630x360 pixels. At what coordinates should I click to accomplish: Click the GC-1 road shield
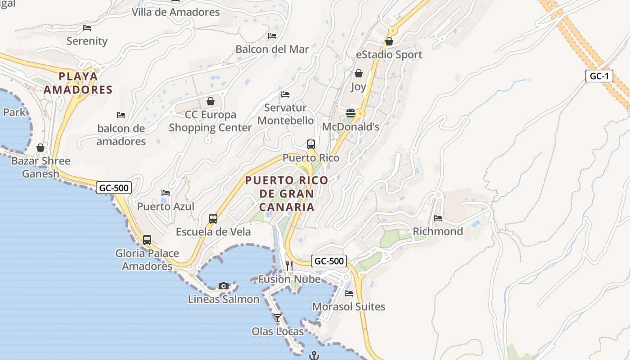click(x=599, y=76)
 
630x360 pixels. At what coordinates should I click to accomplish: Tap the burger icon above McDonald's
click(x=351, y=113)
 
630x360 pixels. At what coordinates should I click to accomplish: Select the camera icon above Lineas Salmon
click(x=223, y=286)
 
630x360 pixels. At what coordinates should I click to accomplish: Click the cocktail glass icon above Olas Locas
click(x=278, y=318)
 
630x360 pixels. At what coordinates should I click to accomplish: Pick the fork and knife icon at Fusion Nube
click(x=289, y=265)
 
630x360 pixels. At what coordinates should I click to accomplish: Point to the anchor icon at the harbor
click(x=314, y=356)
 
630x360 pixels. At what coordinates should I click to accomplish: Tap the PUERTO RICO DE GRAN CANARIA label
click(x=287, y=193)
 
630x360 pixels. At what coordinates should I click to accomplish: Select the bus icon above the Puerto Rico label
click(x=310, y=144)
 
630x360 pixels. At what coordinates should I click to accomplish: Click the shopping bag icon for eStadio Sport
click(x=389, y=41)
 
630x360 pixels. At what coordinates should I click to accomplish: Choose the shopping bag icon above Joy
click(x=359, y=73)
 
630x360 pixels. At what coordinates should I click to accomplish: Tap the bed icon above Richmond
click(x=438, y=218)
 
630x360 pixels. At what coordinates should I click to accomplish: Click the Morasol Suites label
click(x=349, y=306)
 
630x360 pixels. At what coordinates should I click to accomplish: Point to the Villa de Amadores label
click(x=175, y=12)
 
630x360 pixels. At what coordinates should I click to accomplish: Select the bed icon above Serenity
click(x=87, y=28)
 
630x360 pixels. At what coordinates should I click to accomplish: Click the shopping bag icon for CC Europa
click(x=210, y=101)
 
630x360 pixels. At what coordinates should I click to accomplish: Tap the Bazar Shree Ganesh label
click(x=40, y=167)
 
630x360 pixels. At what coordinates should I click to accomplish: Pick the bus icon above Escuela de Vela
click(x=213, y=219)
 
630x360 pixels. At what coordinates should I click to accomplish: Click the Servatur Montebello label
click(x=285, y=114)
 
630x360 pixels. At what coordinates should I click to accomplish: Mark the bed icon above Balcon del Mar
click(x=272, y=36)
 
